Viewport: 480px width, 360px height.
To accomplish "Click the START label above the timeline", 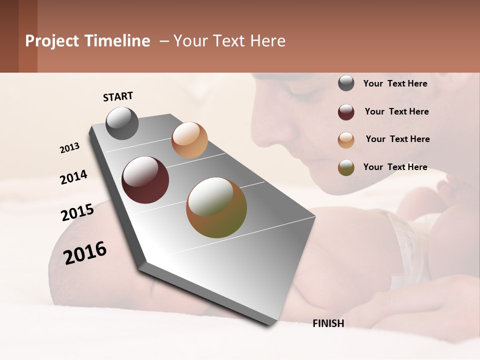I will point(118,96).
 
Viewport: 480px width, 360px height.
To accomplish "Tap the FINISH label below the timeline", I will point(328,323).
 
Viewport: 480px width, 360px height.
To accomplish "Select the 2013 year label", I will point(70,148).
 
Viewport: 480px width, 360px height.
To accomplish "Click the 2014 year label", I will point(73,177).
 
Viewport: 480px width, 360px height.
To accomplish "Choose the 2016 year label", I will point(85,253).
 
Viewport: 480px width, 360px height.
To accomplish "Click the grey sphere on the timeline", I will point(122,123).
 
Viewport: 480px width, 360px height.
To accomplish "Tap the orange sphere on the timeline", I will point(189,140).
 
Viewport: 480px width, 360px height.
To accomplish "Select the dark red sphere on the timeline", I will point(145,180).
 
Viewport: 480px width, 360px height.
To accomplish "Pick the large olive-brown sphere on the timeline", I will point(216,207).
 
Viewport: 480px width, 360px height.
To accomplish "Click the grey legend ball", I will point(346,83).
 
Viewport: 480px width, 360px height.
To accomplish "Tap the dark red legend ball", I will point(346,112).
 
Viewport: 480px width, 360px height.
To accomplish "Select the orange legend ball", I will point(346,140).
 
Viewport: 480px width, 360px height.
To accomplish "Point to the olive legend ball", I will point(346,167).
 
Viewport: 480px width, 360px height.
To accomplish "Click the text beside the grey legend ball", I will point(395,83).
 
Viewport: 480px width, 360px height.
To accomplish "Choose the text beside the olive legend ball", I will point(395,167).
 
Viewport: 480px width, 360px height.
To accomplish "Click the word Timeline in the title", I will point(116,41).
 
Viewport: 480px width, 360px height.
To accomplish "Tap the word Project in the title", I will point(51,41).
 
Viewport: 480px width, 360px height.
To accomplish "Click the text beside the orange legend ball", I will point(397,139).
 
